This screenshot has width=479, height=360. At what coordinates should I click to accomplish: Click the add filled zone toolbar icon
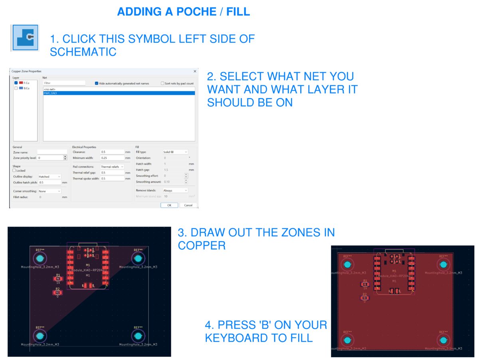(x=25, y=37)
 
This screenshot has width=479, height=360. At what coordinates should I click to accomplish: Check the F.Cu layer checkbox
(x=16, y=83)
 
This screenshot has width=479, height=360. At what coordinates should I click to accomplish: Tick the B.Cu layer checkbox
(x=16, y=88)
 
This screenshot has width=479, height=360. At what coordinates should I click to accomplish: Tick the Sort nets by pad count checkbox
(x=162, y=83)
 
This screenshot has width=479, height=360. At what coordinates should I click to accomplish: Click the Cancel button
(x=188, y=205)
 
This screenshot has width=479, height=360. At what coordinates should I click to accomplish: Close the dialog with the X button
(x=195, y=71)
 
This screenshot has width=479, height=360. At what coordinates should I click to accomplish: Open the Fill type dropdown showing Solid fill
(x=175, y=152)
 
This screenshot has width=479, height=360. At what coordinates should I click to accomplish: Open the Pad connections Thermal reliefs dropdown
(x=112, y=166)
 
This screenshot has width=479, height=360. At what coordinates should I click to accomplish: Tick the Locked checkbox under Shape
(x=14, y=170)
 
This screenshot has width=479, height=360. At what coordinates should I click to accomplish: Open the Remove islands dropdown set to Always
(x=175, y=190)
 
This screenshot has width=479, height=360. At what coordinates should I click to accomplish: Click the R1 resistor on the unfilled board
(x=58, y=279)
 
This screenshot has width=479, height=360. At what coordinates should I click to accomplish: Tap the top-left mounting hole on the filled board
(x=348, y=264)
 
